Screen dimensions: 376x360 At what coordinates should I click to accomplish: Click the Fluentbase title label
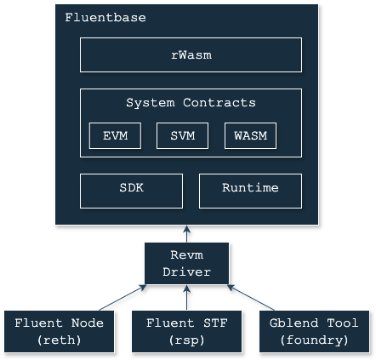pyautogui.click(x=105, y=18)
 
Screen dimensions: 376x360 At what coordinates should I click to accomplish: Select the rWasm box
pyautogui.click(x=191, y=54)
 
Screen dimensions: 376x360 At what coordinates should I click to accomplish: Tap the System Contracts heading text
pyautogui.click(x=191, y=102)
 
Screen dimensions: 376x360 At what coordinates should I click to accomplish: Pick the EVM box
pyautogui.click(x=115, y=135)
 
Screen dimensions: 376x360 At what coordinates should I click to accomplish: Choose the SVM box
pyautogui.click(x=182, y=135)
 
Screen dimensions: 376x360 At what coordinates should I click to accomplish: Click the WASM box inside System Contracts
pyautogui.click(x=250, y=135)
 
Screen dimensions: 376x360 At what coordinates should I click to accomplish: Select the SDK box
pyautogui.click(x=131, y=191)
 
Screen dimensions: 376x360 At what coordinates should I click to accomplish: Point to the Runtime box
pyautogui.click(x=250, y=191)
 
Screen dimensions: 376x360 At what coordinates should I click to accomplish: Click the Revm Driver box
pyautogui.click(x=186, y=263)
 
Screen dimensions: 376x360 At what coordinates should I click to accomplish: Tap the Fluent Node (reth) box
pyautogui.click(x=60, y=331)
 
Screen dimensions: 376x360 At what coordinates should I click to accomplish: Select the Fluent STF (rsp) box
pyautogui.click(x=187, y=331)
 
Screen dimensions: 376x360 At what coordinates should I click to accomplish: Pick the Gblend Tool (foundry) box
pyautogui.click(x=315, y=331)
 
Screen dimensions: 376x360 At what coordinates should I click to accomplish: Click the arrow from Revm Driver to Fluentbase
pyautogui.click(x=186, y=234)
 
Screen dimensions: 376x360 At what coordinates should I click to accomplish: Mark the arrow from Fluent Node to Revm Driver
pyautogui.click(x=122, y=298)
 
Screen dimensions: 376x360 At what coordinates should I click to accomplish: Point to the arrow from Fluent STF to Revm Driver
pyautogui.click(x=186, y=297)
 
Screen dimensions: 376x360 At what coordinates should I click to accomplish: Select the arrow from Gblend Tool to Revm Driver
pyautogui.click(x=251, y=298)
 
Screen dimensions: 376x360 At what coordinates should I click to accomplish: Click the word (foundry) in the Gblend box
pyautogui.click(x=314, y=340)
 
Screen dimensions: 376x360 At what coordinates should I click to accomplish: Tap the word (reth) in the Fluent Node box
pyautogui.click(x=60, y=340)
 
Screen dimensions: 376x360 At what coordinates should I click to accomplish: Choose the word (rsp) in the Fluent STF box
pyautogui.click(x=186, y=340)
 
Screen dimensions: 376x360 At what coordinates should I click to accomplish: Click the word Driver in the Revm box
pyautogui.click(x=186, y=271)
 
